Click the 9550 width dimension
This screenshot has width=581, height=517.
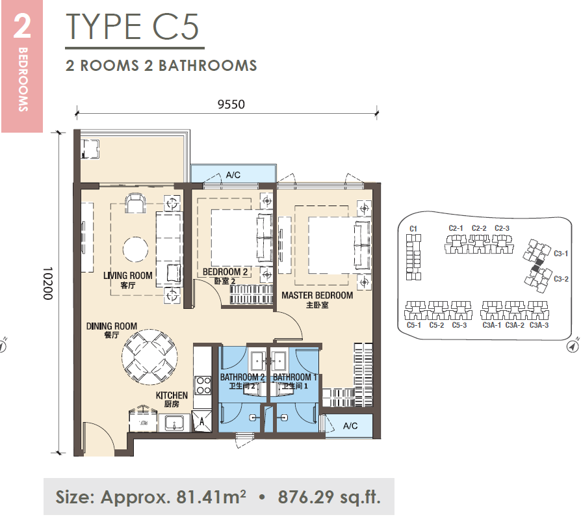231,104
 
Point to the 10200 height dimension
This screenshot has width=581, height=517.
48,284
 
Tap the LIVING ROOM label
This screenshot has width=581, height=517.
128,276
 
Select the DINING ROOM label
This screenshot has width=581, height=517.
112,326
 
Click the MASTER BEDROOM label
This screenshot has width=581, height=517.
317,295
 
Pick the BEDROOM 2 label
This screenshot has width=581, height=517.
225,272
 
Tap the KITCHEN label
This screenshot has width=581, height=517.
172,395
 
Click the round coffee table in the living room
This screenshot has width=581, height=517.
135,249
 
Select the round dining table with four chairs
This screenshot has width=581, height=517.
149,356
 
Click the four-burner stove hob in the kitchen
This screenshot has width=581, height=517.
203,385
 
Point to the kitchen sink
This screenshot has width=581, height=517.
174,423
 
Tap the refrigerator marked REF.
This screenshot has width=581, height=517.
143,420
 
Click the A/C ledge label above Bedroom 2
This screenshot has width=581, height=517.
233,175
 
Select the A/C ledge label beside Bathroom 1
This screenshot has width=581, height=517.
350,425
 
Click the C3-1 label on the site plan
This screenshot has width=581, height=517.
561,254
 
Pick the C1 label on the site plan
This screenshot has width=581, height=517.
413,229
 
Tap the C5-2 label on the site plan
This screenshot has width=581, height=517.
437,325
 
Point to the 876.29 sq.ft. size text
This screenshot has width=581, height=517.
329,497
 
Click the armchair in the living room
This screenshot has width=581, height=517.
135,204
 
